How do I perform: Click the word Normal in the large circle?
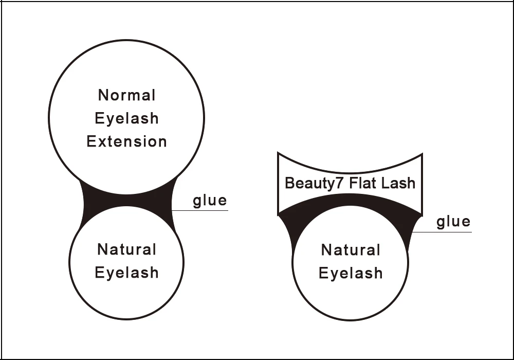[x=126, y=95]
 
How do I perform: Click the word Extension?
[x=126, y=141]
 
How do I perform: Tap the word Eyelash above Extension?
[x=126, y=119]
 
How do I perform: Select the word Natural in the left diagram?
[x=126, y=250]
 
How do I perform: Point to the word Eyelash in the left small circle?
[x=126, y=273]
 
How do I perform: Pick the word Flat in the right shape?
[x=362, y=183]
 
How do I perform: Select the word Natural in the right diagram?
[x=351, y=250]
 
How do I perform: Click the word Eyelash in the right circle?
[x=351, y=273]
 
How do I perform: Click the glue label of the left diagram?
[x=210, y=200]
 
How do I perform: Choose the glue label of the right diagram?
[x=453, y=222]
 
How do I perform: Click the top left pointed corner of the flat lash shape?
[x=278, y=153]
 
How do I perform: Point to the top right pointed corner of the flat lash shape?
[x=421, y=154]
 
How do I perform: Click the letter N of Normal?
[x=103, y=95]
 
